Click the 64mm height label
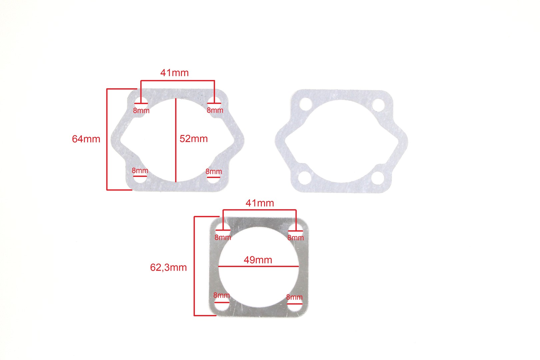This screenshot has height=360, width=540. pyautogui.click(x=86, y=139)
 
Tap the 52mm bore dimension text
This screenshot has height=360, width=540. pyautogui.click(x=194, y=139)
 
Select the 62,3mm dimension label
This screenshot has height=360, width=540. pyautogui.click(x=168, y=268)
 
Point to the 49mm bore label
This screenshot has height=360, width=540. pyautogui.click(x=258, y=260)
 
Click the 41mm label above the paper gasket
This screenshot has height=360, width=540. pyautogui.click(x=175, y=73)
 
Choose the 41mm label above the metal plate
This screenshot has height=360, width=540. pyautogui.click(x=260, y=203)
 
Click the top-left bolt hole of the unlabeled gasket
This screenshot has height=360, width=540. pyautogui.click(x=306, y=104)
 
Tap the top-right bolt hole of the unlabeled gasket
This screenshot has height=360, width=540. pyautogui.click(x=378, y=105)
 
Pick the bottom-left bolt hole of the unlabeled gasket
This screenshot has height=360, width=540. pyautogui.click(x=304, y=178)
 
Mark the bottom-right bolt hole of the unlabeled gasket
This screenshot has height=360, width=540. pyautogui.click(x=378, y=178)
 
